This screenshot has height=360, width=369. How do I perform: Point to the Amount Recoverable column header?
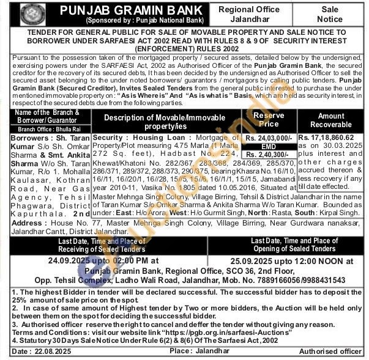tap(331, 120)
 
